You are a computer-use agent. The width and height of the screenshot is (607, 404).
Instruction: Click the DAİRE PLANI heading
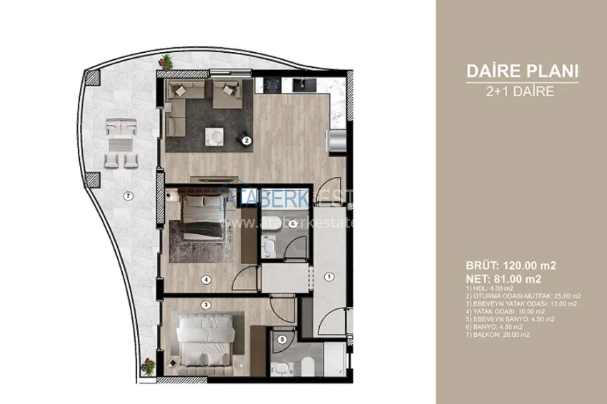point(521,71)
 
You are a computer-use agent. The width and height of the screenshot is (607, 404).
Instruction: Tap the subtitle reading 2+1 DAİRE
point(521,91)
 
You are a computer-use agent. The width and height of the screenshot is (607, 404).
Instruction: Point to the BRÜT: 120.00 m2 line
point(511,266)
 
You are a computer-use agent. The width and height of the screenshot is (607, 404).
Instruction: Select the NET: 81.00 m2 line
point(503,278)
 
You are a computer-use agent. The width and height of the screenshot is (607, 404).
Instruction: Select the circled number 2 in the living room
point(246,141)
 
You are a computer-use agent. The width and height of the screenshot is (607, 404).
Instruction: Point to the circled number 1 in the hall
point(329,276)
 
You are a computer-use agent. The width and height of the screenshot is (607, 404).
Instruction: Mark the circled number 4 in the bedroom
point(205,281)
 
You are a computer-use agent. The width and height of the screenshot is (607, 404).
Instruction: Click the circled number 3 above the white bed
point(206,305)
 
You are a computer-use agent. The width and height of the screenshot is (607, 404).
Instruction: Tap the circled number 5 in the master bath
point(283,339)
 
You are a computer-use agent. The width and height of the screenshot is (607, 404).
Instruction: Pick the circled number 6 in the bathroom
point(294,223)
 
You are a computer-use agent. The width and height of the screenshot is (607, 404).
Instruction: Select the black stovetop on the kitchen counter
point(273,85)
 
